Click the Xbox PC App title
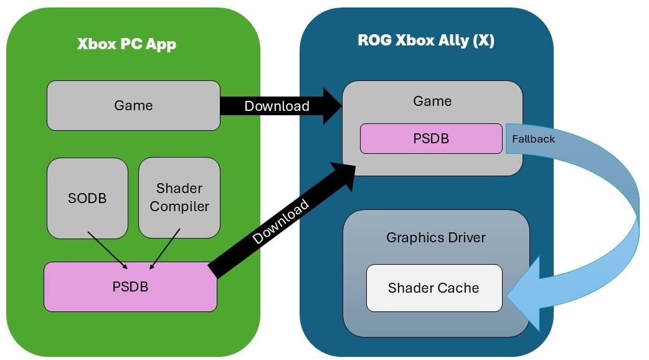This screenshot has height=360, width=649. click(126, 44)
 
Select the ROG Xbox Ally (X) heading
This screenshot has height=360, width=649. click(426, 40)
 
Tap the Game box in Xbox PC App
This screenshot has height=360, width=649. click(133, 105)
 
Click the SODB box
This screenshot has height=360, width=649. click(87, 198)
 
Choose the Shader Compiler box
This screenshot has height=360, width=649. click(179, 197)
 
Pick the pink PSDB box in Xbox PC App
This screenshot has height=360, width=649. click(130, 287)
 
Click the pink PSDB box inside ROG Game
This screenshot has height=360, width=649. click(431, 138)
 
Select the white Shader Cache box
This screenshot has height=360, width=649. click(433, 288)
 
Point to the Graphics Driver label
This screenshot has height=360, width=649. click(436, 237)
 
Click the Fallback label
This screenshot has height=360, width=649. click(533, 139)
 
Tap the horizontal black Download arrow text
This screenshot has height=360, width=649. click(277, 106)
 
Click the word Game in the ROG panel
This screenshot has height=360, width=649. click(432, 101)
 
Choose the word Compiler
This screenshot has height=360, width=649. click(179, 206)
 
